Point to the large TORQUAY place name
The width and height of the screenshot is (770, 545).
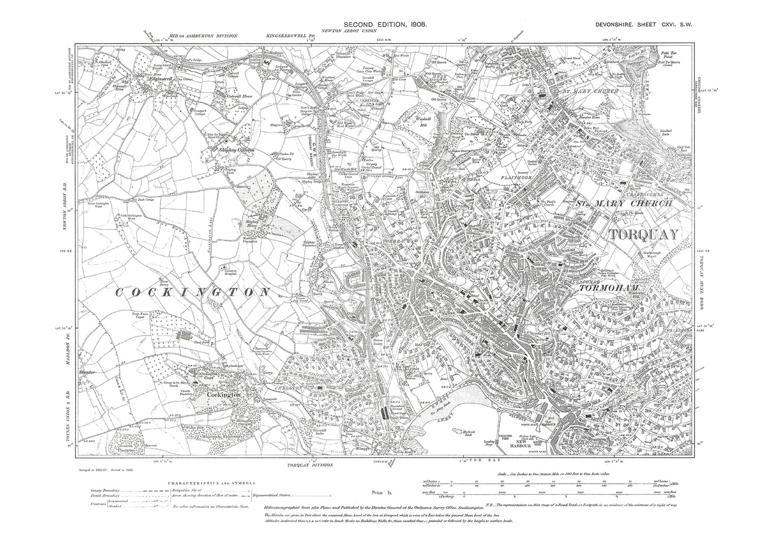(x=644, y=234)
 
